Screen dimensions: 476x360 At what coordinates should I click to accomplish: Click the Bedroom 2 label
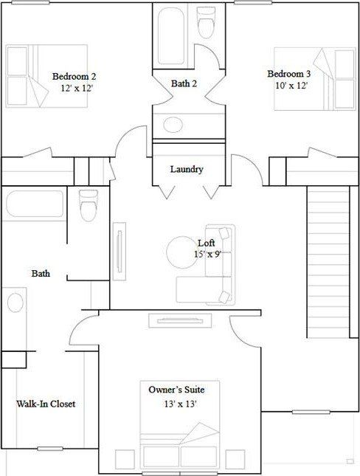coord(74,76)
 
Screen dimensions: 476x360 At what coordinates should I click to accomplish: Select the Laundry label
coord(187,170)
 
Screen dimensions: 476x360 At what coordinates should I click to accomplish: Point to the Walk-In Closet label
coord(46,404)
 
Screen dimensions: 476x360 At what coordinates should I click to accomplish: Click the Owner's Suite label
coord(176,389)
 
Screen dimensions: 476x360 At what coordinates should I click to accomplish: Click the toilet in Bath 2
coord(206,26)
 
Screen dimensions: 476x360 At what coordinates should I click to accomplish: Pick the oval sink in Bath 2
coord(174,125)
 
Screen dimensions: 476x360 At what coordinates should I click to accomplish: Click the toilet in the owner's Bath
coord(88,205)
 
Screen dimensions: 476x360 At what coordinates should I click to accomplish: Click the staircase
coord(327,262)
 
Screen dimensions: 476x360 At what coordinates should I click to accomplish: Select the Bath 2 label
coord(184,84)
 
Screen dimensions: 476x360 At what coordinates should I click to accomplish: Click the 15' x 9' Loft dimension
coord(209,255)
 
